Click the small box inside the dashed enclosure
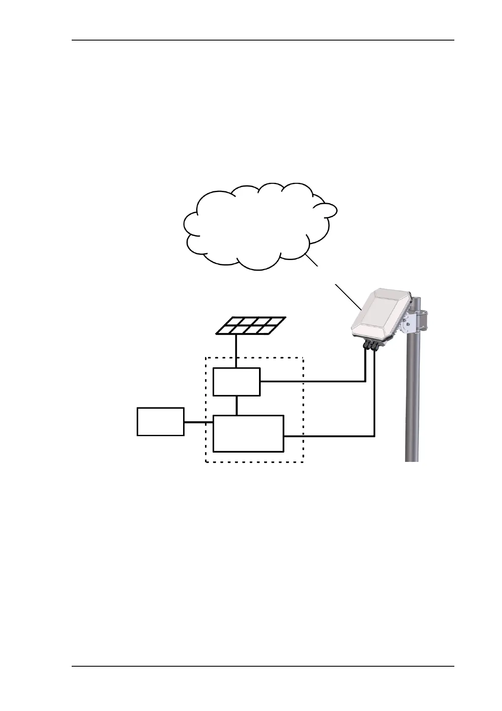236,382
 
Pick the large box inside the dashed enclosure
248,434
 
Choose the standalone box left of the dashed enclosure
160,421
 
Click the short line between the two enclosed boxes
237,406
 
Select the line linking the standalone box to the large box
198,422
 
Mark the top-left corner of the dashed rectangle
205,358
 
